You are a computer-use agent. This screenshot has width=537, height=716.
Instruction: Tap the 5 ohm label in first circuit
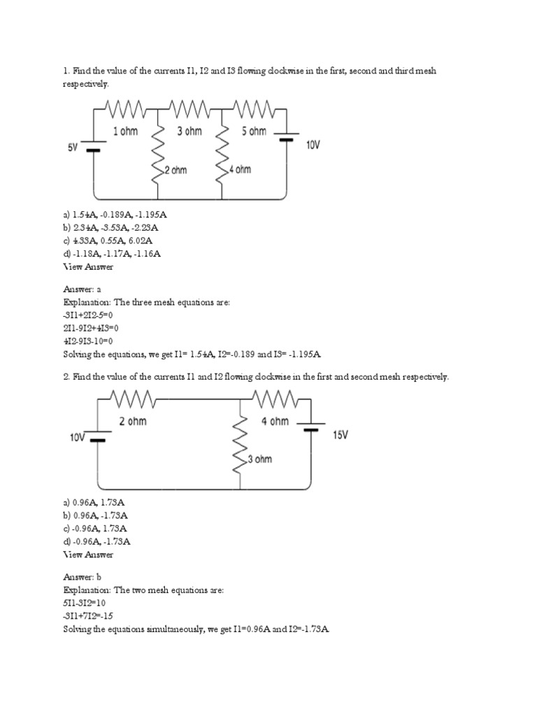[254, 131]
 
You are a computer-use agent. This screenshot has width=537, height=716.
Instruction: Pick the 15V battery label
[341, 434]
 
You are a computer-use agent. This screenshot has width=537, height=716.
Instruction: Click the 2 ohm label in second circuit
[132, 422]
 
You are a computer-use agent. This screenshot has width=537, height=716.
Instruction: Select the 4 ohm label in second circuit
[275, 422]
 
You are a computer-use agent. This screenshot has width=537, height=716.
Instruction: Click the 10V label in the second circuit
[77, 438]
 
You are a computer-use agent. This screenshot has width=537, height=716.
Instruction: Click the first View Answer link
[88, 266]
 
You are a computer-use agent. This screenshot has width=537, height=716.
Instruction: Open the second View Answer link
[88, 554]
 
